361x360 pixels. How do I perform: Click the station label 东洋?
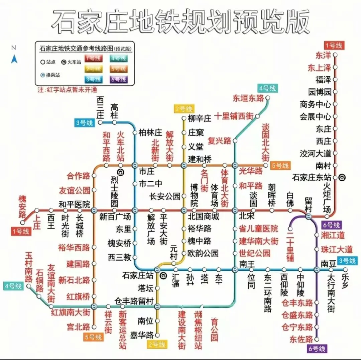pos(323,55)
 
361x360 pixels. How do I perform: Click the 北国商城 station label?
pos(203,216)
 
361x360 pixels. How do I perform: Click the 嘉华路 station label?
pos(142,335)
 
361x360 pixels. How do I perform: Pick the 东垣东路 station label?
pos(248,98)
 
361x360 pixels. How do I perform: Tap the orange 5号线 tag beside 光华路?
pos(280,165)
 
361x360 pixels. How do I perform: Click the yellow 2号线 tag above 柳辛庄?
pos(184,109)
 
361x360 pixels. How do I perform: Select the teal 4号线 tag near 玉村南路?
pos(14,286)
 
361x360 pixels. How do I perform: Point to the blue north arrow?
pos(14,59)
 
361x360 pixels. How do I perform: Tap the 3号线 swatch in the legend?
pos(93,80)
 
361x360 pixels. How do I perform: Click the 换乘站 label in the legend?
pos(53,75)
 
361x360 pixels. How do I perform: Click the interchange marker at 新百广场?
pos(94,210)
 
